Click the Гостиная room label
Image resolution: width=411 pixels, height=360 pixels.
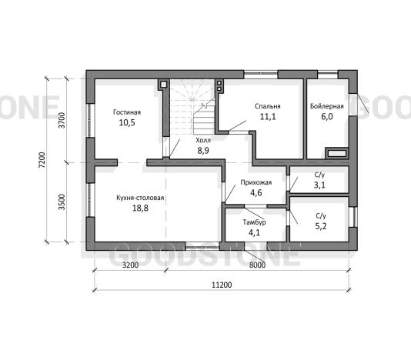[127, 112]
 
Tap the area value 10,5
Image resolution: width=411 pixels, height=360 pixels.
[127, 122]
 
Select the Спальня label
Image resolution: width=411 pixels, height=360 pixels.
[268, 106]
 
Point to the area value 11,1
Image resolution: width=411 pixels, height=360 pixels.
[268, 117]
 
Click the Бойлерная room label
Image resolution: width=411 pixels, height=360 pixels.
[327, 106]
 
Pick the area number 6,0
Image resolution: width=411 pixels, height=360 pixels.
[327, 117]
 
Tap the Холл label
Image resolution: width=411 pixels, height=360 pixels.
[203, 140]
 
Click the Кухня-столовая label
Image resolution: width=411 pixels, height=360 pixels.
[140, 198]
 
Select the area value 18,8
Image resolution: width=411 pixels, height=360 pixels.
[140, 208]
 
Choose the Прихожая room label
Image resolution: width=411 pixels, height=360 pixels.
[256, 182]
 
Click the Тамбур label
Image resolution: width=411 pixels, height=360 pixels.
[254, 222]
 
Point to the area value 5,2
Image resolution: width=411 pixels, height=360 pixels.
[321, 226]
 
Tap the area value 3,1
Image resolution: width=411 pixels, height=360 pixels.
[319, 185]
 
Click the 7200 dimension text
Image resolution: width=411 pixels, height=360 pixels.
[42, 160]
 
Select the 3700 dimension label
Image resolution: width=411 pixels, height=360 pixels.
[62, 120]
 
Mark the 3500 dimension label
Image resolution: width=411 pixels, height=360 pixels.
[62, 202]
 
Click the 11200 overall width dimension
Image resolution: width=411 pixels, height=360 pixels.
[222, 285]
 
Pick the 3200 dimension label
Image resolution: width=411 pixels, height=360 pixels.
[130, 265]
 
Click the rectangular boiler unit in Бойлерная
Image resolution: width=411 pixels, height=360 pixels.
[337, 153]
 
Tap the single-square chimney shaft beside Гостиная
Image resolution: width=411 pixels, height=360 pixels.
[163, 85]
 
